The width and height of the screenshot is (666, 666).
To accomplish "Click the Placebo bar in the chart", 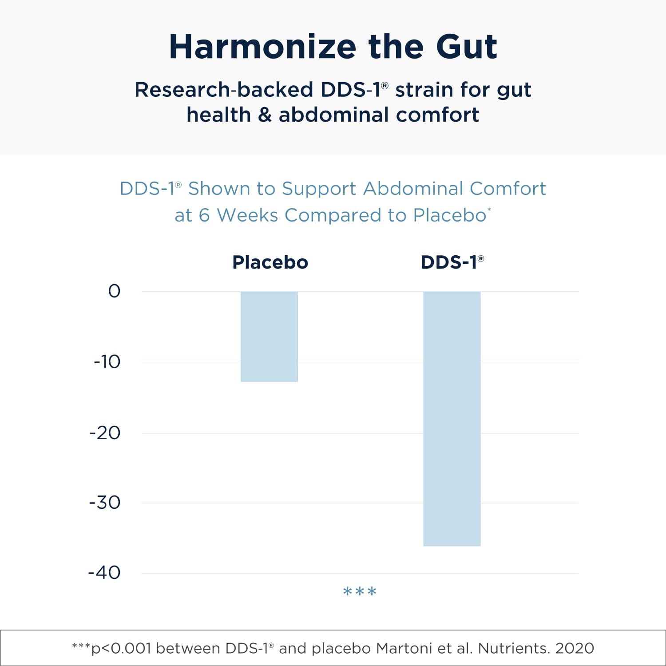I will (269, 337).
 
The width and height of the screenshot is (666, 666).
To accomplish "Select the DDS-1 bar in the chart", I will (452, 418).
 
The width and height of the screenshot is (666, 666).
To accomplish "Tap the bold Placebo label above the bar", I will (270, 262).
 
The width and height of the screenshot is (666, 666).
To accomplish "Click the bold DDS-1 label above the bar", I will (449, 262).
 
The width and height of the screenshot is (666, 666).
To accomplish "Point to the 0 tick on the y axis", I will (114, 291).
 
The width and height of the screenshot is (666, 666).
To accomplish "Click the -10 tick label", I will (107, 362).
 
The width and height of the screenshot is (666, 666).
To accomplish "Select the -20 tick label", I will (105, 433).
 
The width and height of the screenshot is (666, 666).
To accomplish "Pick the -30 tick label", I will (105, 503).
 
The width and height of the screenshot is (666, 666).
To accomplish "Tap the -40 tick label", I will (104, 573).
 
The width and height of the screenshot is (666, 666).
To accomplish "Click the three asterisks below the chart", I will (360, 592).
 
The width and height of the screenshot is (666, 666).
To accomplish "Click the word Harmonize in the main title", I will (262, 47).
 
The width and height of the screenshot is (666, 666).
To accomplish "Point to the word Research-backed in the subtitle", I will (224, 90).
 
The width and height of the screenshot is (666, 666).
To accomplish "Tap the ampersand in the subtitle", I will (265, 115).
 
